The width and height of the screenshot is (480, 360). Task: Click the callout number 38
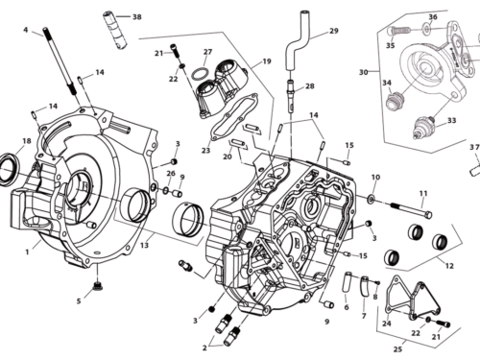[136, 17]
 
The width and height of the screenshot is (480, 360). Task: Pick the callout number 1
[27, 252]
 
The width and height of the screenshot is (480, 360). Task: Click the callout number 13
[145, 246]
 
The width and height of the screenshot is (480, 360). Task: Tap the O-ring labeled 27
[199, 74]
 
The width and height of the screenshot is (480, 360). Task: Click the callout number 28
[309, 86]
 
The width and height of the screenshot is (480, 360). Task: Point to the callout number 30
[363, 72]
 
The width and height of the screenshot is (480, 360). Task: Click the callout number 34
[387, 83]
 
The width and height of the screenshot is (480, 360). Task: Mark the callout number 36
[432, 17]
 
